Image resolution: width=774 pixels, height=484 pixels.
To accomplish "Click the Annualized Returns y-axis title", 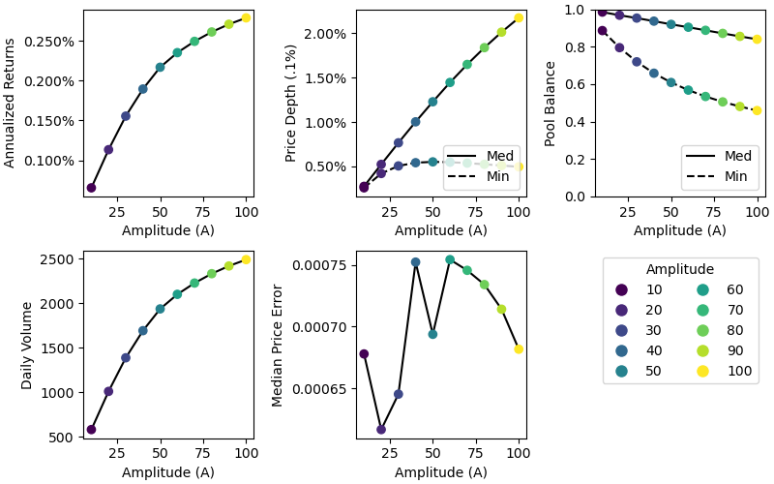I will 10,103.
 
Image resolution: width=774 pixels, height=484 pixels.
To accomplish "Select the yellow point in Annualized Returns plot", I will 246,17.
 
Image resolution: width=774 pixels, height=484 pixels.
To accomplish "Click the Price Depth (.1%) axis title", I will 290,103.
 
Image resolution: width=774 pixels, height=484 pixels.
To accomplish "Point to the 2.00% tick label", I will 325,34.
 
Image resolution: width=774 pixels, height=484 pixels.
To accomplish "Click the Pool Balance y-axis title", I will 551,103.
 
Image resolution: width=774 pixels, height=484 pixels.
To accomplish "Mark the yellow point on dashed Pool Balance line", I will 757,110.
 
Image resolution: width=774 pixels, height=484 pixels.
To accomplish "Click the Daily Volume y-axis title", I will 27,345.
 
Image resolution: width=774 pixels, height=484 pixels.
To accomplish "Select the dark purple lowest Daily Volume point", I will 91,430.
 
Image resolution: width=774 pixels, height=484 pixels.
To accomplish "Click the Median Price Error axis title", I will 278,345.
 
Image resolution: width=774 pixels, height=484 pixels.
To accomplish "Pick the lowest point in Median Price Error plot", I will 381,430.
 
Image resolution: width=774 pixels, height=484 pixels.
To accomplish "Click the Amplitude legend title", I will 680,270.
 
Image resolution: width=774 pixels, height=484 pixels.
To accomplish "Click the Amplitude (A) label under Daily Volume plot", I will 168,472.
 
